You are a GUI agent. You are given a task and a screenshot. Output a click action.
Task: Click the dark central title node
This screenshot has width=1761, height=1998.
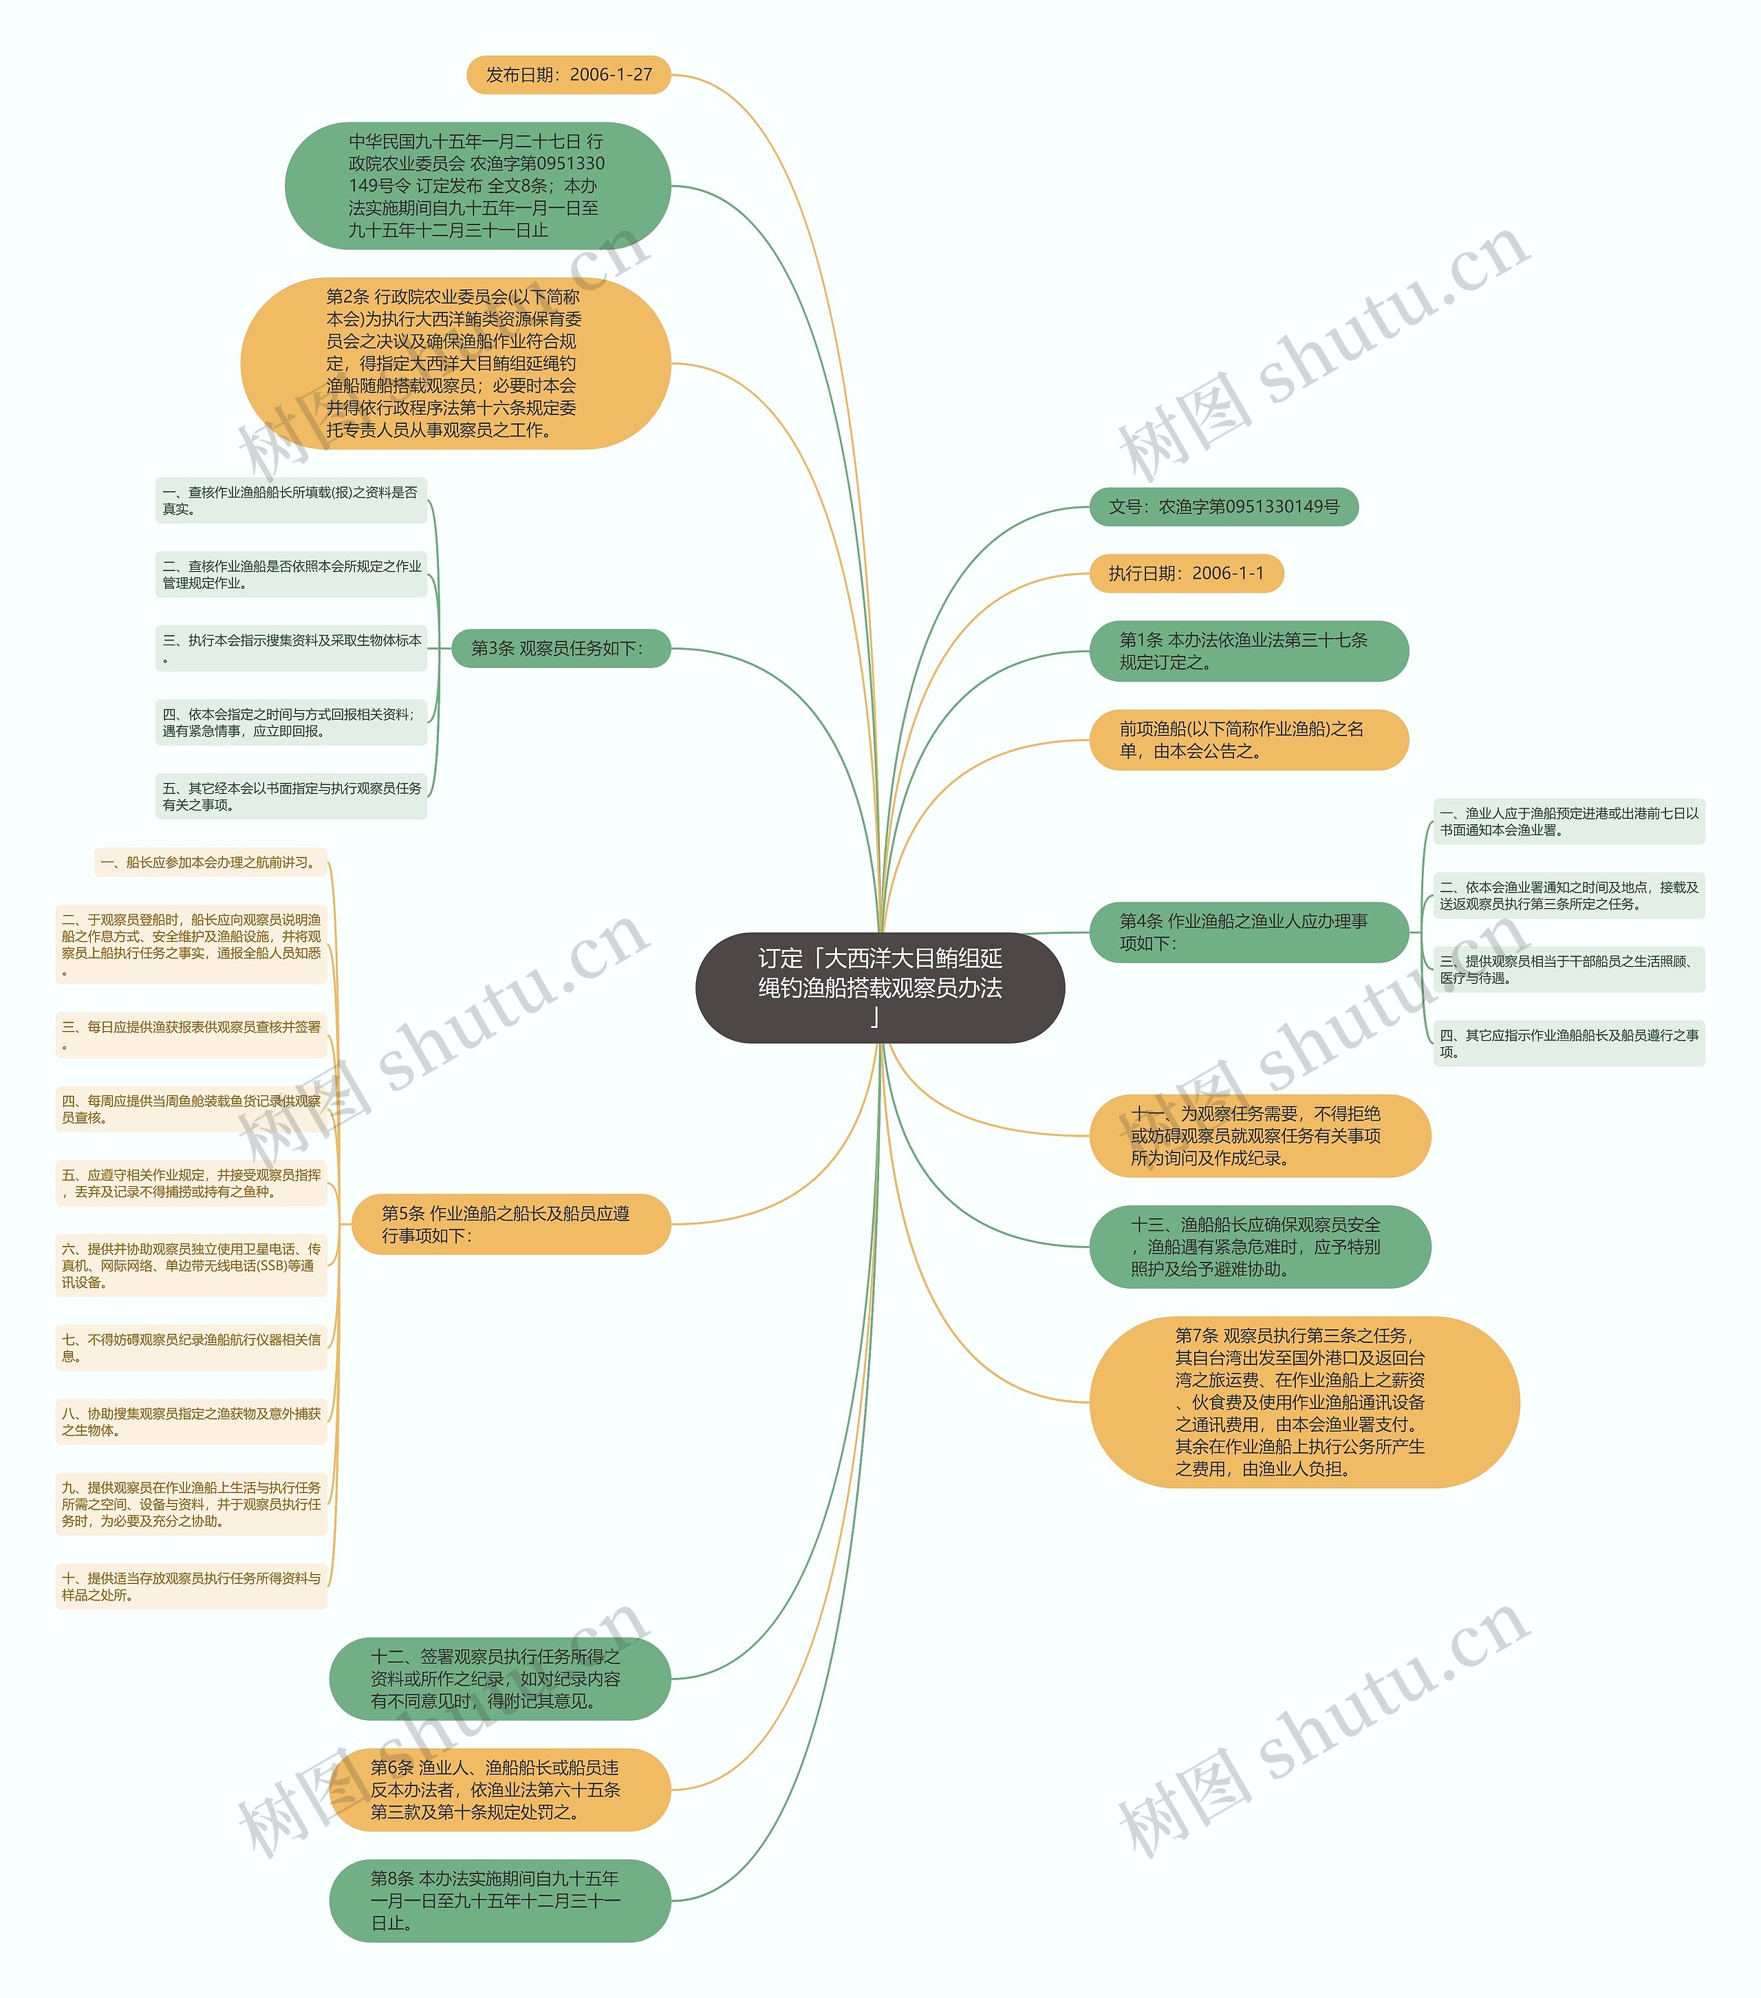click(x=880, y=987)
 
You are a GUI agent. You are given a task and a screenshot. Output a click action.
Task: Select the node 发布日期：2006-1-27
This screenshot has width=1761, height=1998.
click(x=569, y=74)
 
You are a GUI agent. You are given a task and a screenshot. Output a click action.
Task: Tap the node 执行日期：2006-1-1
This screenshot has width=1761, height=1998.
click(x=1185, y=573)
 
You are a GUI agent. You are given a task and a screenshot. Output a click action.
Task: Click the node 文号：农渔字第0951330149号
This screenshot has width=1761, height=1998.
click(x=1224, y=506)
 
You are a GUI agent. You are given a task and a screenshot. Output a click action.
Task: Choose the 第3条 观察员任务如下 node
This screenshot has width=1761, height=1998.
click(x=560, y=648)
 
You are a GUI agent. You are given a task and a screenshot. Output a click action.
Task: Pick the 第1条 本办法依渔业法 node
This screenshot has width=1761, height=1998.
click(x=1248, y=651)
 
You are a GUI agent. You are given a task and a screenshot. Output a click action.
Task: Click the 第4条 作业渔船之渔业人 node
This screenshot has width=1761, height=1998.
click(x=1248, y=932)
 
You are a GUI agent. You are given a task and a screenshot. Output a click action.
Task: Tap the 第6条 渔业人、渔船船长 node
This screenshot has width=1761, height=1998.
click(x=499, y=1790)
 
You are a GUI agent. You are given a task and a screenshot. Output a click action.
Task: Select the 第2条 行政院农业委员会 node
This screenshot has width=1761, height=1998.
click(x=455, y=364)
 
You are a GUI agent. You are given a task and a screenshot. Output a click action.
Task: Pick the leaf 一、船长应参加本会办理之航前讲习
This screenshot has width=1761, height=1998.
click(x=210, y=862)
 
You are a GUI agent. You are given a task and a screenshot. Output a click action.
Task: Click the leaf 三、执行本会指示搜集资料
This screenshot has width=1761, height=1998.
click(x=291, y=648)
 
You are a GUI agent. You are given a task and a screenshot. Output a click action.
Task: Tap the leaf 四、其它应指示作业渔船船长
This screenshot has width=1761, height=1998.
click(x=1568, y=1043)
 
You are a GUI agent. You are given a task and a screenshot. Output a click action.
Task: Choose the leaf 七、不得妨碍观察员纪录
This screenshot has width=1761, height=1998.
click(x=191, y=1347)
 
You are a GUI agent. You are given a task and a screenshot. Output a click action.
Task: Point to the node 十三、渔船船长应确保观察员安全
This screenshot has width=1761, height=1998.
click(x=1259, y=1246)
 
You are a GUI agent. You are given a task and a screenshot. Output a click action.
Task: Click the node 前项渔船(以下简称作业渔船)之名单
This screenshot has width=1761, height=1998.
click(x=1248, y=740)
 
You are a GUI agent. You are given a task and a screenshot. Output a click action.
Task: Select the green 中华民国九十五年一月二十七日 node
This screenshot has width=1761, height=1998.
click(x=477, y=186)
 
